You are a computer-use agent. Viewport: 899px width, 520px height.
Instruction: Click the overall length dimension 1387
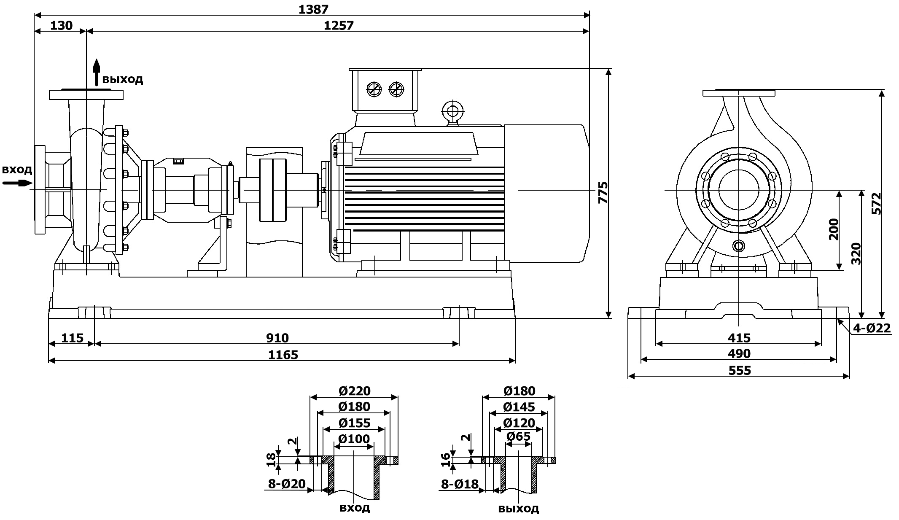[313, 9]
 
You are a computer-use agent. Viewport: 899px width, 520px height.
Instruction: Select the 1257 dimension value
[339, 26]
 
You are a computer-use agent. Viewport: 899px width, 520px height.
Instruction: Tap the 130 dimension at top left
[61, 26]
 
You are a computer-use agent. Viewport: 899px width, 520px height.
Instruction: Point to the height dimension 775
[603, 193]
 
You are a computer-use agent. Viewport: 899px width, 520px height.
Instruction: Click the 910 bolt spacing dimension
[277, 338]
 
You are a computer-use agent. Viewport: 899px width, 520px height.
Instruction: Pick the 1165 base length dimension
[283, 355]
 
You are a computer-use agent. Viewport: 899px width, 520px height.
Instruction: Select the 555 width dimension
[740, 370]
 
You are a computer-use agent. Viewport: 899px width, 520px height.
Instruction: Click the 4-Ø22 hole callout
[872, 328]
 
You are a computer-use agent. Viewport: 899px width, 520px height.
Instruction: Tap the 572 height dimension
[876, 204]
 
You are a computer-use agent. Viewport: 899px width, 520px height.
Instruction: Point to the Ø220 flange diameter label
[354, 391]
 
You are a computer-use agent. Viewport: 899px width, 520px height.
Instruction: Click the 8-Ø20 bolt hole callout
[287, 484]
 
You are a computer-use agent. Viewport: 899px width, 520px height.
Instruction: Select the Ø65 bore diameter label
[518, 436]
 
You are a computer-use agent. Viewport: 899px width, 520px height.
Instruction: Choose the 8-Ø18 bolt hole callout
[460, 484]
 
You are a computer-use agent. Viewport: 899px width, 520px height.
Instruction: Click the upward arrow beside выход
[97, 72]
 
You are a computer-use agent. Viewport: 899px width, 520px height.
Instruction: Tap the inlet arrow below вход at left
[17, 183]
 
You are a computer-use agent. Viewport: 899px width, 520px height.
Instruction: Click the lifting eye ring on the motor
[452, 111]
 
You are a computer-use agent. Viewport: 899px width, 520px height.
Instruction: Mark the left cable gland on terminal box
[374, 89]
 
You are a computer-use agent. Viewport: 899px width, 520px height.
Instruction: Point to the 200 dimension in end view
[834, 229]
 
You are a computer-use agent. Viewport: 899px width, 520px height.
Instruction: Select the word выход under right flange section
[518, 508]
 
